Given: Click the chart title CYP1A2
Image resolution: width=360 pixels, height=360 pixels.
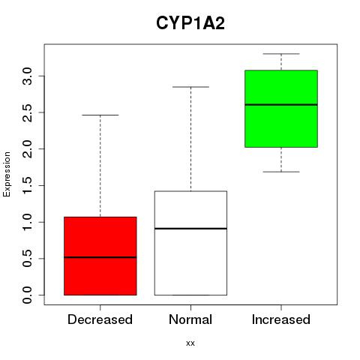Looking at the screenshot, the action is click(190, 23).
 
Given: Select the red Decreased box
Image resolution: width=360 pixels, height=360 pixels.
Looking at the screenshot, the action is click(100, 256).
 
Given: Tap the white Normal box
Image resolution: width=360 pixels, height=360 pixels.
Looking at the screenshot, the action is click(190, 243).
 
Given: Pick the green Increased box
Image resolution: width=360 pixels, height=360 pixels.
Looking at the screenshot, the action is click(281, 109).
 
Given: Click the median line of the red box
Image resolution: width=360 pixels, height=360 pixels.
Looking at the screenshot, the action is click(100, 257).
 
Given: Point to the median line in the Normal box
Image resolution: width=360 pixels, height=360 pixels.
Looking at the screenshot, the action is click(190, 229).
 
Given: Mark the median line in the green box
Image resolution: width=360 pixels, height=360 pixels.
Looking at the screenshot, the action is click(281, 105).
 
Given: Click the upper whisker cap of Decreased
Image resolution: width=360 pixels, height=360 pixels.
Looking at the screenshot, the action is click(100, 115).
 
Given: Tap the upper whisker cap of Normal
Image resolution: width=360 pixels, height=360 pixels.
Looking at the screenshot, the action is click(190, 87).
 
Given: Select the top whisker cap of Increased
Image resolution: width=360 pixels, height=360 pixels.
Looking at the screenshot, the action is click(281, 54).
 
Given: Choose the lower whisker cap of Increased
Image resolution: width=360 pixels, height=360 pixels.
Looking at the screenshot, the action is click(281, 172).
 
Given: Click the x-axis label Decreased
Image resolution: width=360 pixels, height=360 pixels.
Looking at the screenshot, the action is click(100, 319).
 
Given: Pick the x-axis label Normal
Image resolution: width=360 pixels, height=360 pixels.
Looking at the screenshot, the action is click(190, 319).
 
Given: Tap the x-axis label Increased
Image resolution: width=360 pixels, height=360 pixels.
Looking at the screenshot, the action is click(281, 319).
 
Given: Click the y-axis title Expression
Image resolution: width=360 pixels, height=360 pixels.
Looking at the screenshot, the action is click(7, 174).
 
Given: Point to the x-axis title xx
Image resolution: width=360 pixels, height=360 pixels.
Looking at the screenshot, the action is click(190, 343).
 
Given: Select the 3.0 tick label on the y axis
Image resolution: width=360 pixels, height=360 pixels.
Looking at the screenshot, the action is click(27, 76).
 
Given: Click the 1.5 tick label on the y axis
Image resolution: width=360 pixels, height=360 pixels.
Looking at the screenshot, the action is click(27, 185).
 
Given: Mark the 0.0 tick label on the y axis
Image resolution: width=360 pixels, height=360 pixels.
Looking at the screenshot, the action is click(27, 295).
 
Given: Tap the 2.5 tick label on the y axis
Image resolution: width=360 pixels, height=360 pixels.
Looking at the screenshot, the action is click(27, 112).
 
